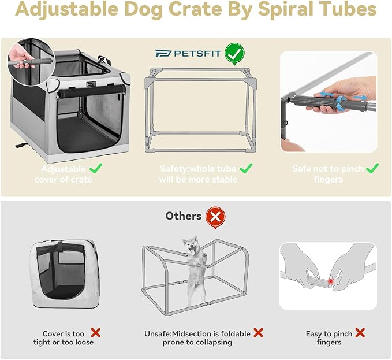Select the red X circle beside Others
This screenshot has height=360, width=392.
coord(215,217)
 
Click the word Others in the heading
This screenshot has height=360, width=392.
coord(184,216)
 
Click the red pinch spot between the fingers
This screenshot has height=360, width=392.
coord(330,281)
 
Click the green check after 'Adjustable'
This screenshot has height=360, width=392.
coord(96,169)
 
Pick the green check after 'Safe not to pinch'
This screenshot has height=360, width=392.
coord(372,168)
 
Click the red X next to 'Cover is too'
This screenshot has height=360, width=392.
coord(96,333)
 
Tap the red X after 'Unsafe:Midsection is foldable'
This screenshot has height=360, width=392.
coord(259,333)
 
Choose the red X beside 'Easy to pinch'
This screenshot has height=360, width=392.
coord(360,333)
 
